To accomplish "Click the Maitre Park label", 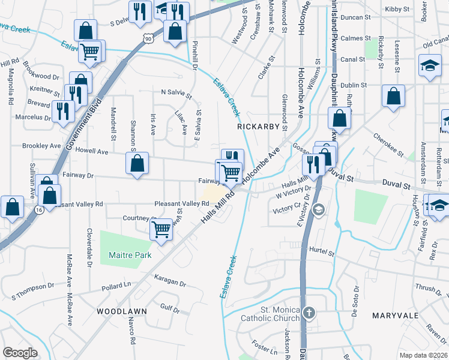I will coord(130,255).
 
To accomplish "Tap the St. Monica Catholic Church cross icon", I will coord(309,312).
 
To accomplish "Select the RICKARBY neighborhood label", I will coord(258,127).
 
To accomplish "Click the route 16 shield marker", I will coord(39,210).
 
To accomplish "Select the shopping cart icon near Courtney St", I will coord(160,229).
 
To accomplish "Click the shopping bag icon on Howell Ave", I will coord(137,163).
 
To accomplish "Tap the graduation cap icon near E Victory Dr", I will coord(319,209).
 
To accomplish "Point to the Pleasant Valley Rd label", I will coord(181,204).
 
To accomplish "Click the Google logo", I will coord(20,352).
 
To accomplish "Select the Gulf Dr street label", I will coord(170,308).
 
